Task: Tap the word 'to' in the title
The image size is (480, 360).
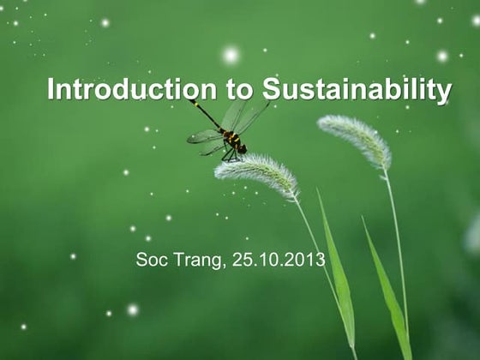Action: [x=239, y=89]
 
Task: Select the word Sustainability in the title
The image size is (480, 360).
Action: [x=357, y=89]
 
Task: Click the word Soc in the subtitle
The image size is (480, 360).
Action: [x=150, y=259]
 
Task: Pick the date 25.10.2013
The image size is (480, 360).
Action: [x=279, y=259]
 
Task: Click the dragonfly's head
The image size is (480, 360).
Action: [x=242, y=149]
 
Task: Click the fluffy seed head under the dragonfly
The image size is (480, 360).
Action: [x=257, y=172]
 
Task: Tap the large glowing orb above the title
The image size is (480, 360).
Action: [x=231, y=55]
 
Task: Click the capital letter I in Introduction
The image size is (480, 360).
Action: [x=51, y=89]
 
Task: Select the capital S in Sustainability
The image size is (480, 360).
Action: [x=271, y=89]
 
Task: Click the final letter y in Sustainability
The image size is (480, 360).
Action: [x=445, y=93]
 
